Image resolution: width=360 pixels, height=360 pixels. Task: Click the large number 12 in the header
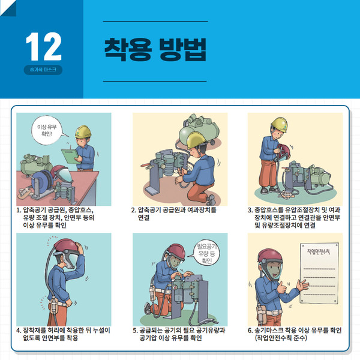[44, 47]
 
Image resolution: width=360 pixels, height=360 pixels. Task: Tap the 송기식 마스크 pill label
[43, 70]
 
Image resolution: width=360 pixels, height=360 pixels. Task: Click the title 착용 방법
[155, 50]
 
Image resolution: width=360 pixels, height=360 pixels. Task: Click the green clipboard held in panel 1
[70, 156]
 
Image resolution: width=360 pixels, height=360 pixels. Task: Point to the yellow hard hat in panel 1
[83, 131]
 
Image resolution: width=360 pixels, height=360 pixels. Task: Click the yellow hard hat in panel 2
[196, 140]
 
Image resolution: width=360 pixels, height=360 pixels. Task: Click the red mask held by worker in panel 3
[284, 152]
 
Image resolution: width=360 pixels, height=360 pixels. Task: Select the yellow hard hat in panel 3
[280, 124]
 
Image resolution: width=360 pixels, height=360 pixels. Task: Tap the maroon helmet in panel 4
[67, 246]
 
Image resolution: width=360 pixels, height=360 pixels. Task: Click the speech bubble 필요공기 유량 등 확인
[206, 253]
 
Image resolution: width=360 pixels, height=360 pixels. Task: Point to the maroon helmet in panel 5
[176, 251]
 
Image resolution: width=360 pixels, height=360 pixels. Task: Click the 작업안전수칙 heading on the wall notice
[319, 251]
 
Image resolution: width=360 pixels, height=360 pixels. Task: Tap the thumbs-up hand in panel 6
[281, 287]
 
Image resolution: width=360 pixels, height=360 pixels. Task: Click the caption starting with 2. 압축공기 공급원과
[173, 214]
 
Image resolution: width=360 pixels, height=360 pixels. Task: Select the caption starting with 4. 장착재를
[63, 334]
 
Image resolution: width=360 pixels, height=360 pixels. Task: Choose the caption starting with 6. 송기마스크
[295, 334]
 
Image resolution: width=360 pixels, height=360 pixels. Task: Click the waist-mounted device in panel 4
[54, 305]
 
